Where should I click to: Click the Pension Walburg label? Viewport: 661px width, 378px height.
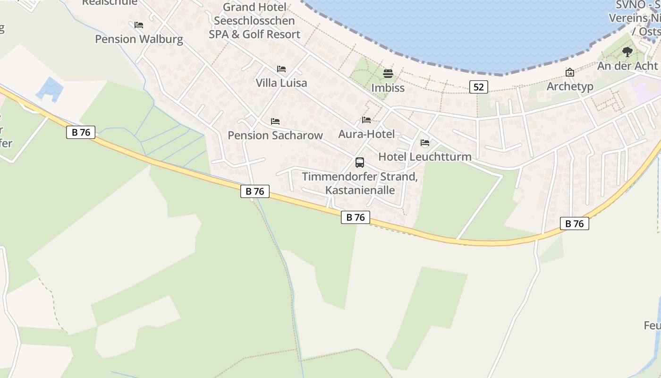(x=139, y=39)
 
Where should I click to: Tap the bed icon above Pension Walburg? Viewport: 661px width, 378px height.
(x=139, y=25)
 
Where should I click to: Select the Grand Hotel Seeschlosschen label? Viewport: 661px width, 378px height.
(x=254, y=21)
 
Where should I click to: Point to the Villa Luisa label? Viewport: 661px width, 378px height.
(x=281, y=83)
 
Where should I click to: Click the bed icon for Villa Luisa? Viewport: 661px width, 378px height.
(x=281, y=69)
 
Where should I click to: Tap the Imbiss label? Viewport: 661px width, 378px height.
(x=388, y=88)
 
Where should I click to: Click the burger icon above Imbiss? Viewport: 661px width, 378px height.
(x=388, y=74)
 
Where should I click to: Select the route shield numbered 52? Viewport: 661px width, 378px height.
(x=479, y=86)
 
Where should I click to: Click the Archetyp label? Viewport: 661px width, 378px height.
(x=570, y=86)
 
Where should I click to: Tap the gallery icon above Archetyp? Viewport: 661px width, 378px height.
(x=570, y=72)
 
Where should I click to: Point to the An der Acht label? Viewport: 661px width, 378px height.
(x=627, y=66)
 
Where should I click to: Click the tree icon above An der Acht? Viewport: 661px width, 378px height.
(x=627, y=52)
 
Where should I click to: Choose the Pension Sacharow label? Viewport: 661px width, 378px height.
(x=275, y=136)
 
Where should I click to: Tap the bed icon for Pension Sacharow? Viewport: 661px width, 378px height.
(x=275, y=121)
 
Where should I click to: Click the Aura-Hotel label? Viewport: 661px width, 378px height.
(x=366, y=134)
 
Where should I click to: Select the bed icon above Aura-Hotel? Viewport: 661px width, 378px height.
(x=366, y=120)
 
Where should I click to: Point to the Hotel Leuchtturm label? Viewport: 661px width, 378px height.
(x=425, y=157)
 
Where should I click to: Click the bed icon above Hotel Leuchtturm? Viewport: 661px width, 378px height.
(x=425, y=143)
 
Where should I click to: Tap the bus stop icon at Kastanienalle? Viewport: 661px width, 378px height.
(x=360, y=163)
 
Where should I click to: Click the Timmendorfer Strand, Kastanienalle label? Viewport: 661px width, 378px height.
(x=360, y=184)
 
